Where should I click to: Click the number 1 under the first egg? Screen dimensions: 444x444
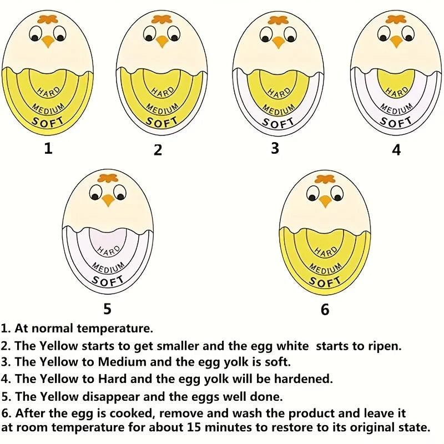click(x=48, y=148)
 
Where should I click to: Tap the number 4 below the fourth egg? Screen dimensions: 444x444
click(x=396, y=150)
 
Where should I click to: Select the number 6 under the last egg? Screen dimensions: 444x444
click(x=325, y=309)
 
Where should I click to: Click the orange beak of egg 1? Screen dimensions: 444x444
click(x=48, y=41)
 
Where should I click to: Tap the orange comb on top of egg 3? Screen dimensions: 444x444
click(x=277, y=21)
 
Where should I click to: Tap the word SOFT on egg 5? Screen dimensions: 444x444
click(x=108, y=280)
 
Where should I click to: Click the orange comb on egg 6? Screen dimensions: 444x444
click(x=325, y=179)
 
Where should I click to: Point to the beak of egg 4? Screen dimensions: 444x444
click(x=396, y=41)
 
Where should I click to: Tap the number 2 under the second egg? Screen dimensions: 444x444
click(x=158, y=150)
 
